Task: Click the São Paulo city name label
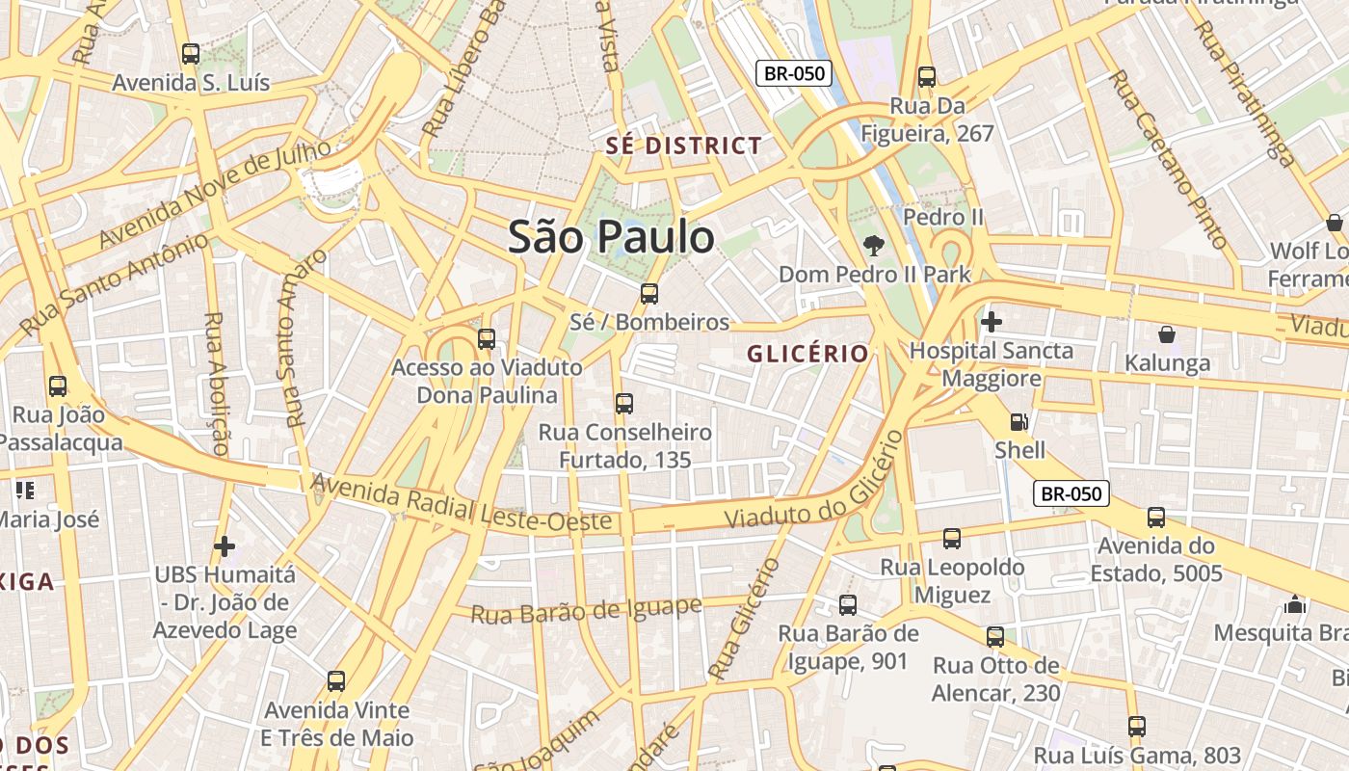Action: click(x=611, y=237)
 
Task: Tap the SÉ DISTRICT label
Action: click(x=683, y=146)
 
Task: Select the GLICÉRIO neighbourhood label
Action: click(x=807, y=354)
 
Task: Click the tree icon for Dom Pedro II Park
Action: click(x=874, y=245)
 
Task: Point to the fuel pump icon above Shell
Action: click(x=1018, y=421)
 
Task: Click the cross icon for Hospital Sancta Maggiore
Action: click(x=991, y=321)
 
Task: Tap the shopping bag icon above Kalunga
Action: click(x=1167, y=334)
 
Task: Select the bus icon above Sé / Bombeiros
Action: click(x=649, y=293)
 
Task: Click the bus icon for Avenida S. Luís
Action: click(x=191, y=54)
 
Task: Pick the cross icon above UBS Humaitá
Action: click(x=225, y=546)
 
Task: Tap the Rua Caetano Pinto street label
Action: click(x=1167, y=159)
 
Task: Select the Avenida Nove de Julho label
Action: click(x=215, y=193)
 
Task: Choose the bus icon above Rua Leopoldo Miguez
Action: click(x=952, y=538)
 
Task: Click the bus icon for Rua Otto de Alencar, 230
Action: click(x=995, y=637)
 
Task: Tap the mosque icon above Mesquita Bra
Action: click(x=1295, y=604)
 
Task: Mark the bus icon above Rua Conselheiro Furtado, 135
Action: click(x=624, y=403)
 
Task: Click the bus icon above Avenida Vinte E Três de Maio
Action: click(x=336, y=681)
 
